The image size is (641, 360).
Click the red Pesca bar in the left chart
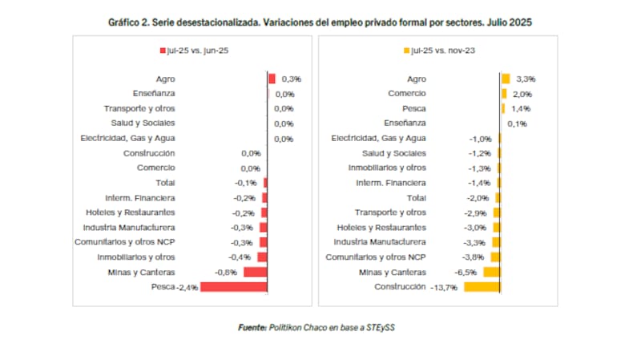click(x=233, y=286)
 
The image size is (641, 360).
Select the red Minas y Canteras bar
click(x=255, y=272)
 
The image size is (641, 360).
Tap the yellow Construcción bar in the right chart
click(x=482, y=286)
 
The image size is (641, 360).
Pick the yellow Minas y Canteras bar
click(x=492, y=272)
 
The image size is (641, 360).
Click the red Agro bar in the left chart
click(x=272, y=79)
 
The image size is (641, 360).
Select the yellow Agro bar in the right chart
click(x=506, y=79)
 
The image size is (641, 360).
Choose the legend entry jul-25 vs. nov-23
click(x=437, y=51)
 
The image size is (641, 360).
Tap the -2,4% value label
click(x=187, y=287)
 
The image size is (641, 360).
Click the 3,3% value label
click(x=525, y=79)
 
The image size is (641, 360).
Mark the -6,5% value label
click(x=466, y=272)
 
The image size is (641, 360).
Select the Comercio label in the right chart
click(x=406, y=94)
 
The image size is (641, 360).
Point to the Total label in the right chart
click(x=417, y=197)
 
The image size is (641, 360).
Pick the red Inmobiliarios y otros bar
click(x=261, y=257)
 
